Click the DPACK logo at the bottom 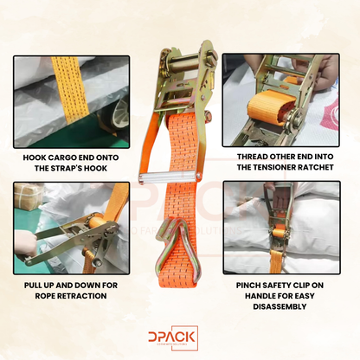[179, 337]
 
